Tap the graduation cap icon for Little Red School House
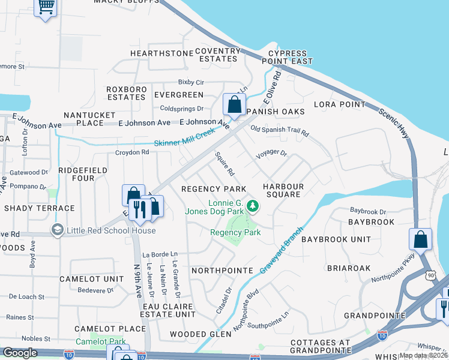click(57, 230)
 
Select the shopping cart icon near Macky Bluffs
click(46, 7)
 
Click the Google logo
click(20, 353)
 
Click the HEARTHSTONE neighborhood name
click(154, 53)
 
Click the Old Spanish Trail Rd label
click(279, 130)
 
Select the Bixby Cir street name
click(191, 82)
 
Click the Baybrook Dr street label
click(369, 211)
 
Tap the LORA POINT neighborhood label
click(339, 104)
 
